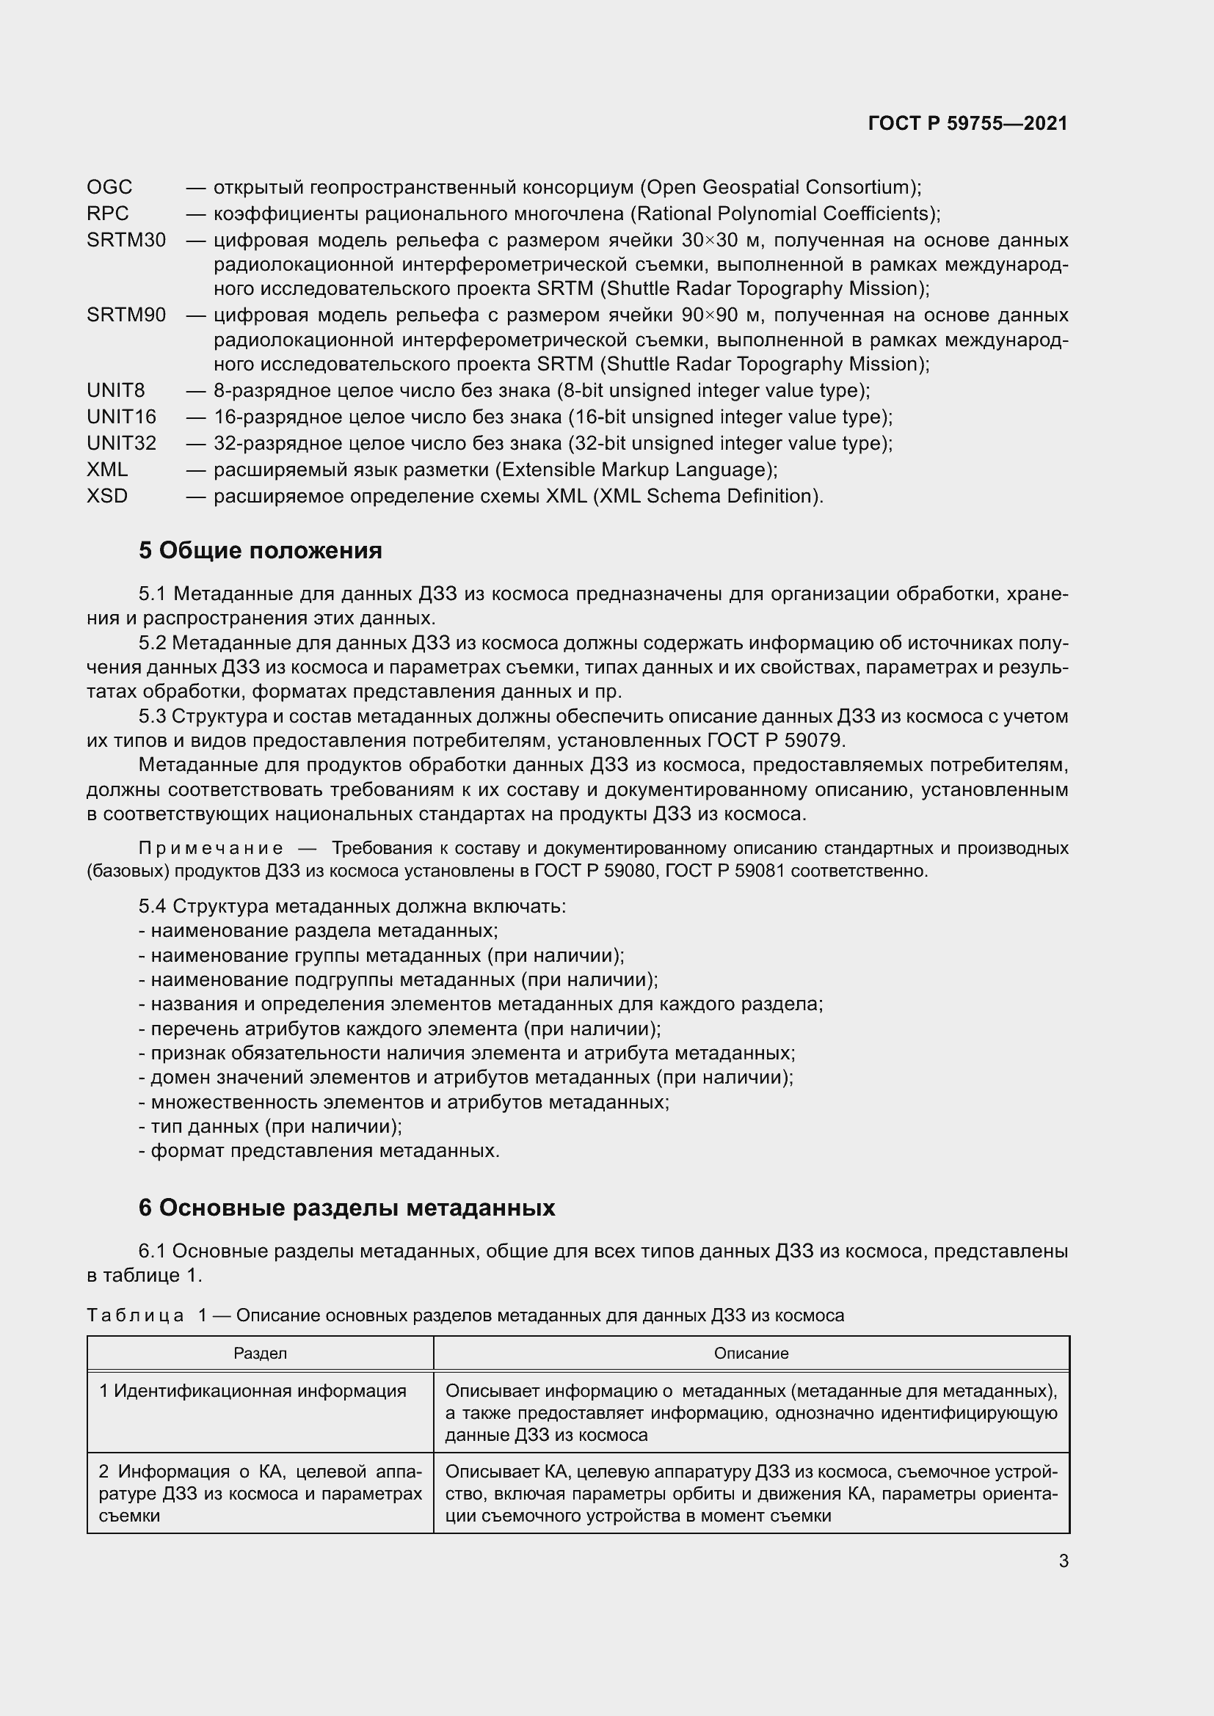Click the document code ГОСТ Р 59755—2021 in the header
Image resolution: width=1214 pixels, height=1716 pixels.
pyautogui.click(x=967, y=124)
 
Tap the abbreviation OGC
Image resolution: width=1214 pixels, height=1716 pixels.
pyautogui.click(x=109, y=187)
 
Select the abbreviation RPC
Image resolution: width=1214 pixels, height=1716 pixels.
pyautogui.click(x=108, y=213)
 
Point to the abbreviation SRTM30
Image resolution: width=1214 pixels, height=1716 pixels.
pyautogui.click(x=126, y=241)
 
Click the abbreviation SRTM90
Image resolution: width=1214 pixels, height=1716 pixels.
pyautogui.click(x=126, y=315)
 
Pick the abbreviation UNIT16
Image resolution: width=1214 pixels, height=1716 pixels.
pyautogui.click(x=121, y=417)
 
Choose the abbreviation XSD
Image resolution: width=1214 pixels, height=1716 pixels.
pyautogui.click(x=107, y=496)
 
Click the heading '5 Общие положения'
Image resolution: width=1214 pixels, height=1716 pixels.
pyautogui.click(x=260, y=551)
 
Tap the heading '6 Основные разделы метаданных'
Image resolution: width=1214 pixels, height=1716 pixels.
pyautogui.click(x=346, y=1208)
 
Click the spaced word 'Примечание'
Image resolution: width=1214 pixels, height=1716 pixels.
pyautogui.click(x=211, y=848)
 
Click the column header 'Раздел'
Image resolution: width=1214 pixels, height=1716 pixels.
pyautogui.click(x=260, y=1354)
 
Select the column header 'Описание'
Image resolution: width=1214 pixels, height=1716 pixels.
pyautogui.click(x=751, y=1354)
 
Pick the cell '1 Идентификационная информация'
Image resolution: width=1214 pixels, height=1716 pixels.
pyautogui.click(x=252, y=1391)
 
